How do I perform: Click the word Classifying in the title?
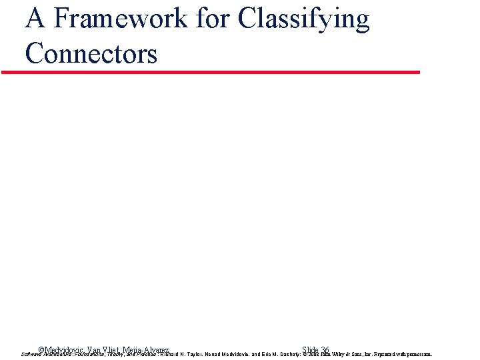point(303,19)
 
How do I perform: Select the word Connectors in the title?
point(91,53)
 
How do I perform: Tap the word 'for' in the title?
point(213,19)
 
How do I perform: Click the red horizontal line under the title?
point(211,72)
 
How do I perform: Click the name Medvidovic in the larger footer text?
point(65,350)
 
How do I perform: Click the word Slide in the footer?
point(309,350)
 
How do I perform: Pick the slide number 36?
point(325,350)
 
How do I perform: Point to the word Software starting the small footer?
point(32,355)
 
